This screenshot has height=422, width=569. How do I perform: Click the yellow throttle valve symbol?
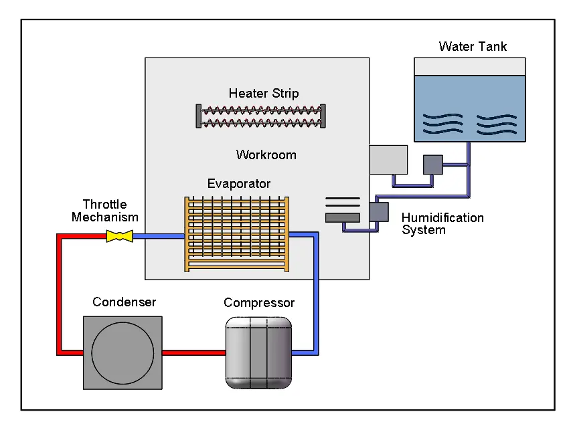119,236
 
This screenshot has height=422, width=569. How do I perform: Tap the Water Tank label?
473,47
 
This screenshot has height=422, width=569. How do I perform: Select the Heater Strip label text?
264,94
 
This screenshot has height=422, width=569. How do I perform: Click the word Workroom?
266,155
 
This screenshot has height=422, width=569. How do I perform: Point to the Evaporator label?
239,184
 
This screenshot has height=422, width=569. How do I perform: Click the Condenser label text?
124,302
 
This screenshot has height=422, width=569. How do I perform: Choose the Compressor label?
259,303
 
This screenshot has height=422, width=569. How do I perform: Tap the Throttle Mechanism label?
105,211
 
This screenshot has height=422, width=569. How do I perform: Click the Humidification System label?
442,224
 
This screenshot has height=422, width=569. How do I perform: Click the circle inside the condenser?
123,352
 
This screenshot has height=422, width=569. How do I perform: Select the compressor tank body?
259,352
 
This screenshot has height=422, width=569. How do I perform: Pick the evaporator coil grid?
236,233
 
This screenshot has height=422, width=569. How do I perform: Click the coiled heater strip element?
260,116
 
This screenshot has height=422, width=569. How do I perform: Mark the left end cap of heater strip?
198,116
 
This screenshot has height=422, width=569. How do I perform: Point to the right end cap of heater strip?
323,116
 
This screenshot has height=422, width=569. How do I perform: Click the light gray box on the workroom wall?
388,160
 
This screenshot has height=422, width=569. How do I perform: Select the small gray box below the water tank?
433,165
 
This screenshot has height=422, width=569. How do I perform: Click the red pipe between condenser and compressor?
193,352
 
